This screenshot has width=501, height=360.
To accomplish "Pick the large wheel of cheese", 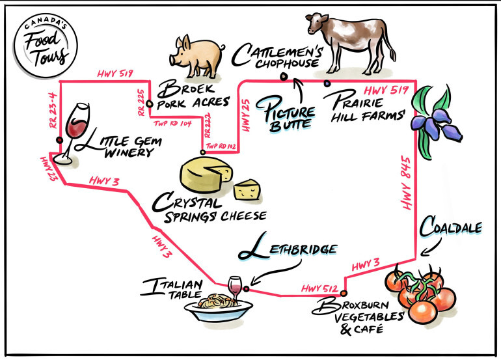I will pos(204,174).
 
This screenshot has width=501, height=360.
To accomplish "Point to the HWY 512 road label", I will pos(317,289).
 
